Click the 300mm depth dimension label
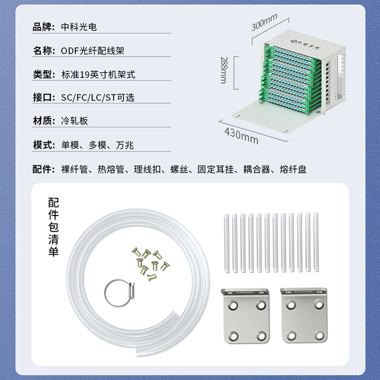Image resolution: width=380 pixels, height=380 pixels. (x=264, y=22)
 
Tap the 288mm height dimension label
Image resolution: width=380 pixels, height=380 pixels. (x=224, y=70)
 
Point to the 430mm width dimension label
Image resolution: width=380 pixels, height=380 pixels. (x=241, y=136)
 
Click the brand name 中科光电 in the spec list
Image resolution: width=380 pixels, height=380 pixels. (x=79, y=27)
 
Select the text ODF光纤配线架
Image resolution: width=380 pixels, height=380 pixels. (x=93, y=51)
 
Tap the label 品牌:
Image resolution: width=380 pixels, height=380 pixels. (x=44, y=27)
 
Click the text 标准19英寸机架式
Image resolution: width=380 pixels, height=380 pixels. (x=98, y=75)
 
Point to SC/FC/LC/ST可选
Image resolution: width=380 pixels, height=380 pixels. (x=98, y=97)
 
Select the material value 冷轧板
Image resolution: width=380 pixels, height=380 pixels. (x=75, y=121)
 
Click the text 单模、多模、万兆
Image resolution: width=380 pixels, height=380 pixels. (x=97, y=145)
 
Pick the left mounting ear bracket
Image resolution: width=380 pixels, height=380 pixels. (x=246, y=315)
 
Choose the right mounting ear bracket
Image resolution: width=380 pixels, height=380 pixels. (x=304, y=315)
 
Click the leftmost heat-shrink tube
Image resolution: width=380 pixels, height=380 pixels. (x=227, y=243)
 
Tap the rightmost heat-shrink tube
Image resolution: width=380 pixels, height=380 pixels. (x=315, y=242)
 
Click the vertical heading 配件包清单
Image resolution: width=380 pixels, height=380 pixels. (x=53, y=227)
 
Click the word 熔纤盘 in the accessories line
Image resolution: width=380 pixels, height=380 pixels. (x=293, y=169)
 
